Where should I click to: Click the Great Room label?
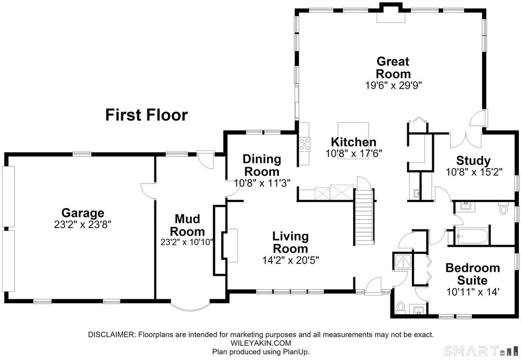point(393,67)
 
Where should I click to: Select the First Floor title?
point(146,115)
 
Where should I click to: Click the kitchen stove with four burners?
point(304,144)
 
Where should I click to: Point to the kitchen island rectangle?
point(353,140)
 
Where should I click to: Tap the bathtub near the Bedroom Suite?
point(472,236)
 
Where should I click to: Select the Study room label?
point(473,161)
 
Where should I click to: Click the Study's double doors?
point(465,140)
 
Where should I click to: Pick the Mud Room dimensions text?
point(187,242)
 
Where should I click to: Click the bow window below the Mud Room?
point(190,307)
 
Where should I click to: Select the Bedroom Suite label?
point(473,274)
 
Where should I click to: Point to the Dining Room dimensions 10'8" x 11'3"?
point(263,183)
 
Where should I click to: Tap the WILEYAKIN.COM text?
point(260,343)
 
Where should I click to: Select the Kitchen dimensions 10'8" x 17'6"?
point(353,153)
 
